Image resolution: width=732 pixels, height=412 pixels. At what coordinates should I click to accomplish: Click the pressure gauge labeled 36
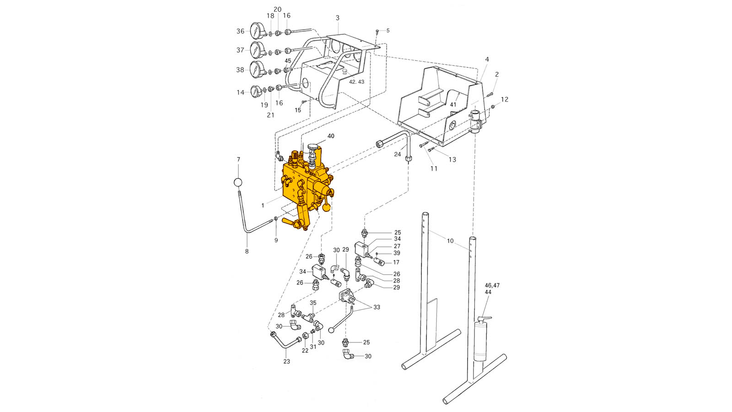tap(257, 31)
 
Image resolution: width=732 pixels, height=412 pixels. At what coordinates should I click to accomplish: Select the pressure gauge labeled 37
tap(257, 50)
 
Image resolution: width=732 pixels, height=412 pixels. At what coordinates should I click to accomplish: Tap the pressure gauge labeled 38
tap(257, 69)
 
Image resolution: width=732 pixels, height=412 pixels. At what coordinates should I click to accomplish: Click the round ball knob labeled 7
tap(238, 183)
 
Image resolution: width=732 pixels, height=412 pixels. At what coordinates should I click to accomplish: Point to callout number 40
tap(331, 136)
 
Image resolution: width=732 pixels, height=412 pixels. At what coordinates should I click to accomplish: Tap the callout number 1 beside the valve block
tap(263, 206)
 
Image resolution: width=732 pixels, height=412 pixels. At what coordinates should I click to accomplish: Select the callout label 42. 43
tap(356, 82)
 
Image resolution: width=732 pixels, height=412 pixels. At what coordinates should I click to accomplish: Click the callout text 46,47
tap(492, 286)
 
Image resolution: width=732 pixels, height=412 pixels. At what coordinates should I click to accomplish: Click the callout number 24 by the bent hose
tap(397, 154)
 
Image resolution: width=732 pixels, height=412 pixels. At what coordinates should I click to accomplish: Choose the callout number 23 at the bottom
tap(286, 362)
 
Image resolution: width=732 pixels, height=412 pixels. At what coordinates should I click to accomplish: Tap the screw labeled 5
tap(377, 32)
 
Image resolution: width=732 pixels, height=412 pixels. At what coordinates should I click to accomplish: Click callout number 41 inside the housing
tap(453, 105)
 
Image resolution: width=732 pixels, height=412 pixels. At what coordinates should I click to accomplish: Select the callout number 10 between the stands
tap(450, 241)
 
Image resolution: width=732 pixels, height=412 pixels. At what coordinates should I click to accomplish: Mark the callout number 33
tap(377, 307)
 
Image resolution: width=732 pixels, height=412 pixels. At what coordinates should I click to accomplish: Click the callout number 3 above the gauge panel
tap(338, 18)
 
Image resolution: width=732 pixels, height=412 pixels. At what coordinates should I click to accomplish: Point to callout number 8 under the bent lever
tap(247, 251)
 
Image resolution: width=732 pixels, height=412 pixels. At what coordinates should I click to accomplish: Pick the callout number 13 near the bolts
tap(452, 160)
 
